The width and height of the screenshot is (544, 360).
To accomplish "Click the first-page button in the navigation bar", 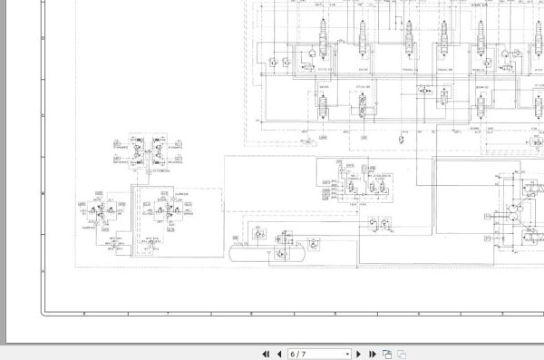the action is [x=266, y=354].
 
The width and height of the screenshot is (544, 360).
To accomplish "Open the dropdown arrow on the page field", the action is [x=347, y=354].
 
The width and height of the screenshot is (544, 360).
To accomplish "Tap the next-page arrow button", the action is [x=358, y=354].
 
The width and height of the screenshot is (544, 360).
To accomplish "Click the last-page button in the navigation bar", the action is [x=371, y=354].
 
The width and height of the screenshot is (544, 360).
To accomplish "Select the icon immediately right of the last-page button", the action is [x=386, y=354].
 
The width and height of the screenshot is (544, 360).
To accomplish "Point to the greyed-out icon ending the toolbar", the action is [x=401, y=354].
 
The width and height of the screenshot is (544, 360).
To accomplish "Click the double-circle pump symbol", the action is [x=515, y=214].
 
